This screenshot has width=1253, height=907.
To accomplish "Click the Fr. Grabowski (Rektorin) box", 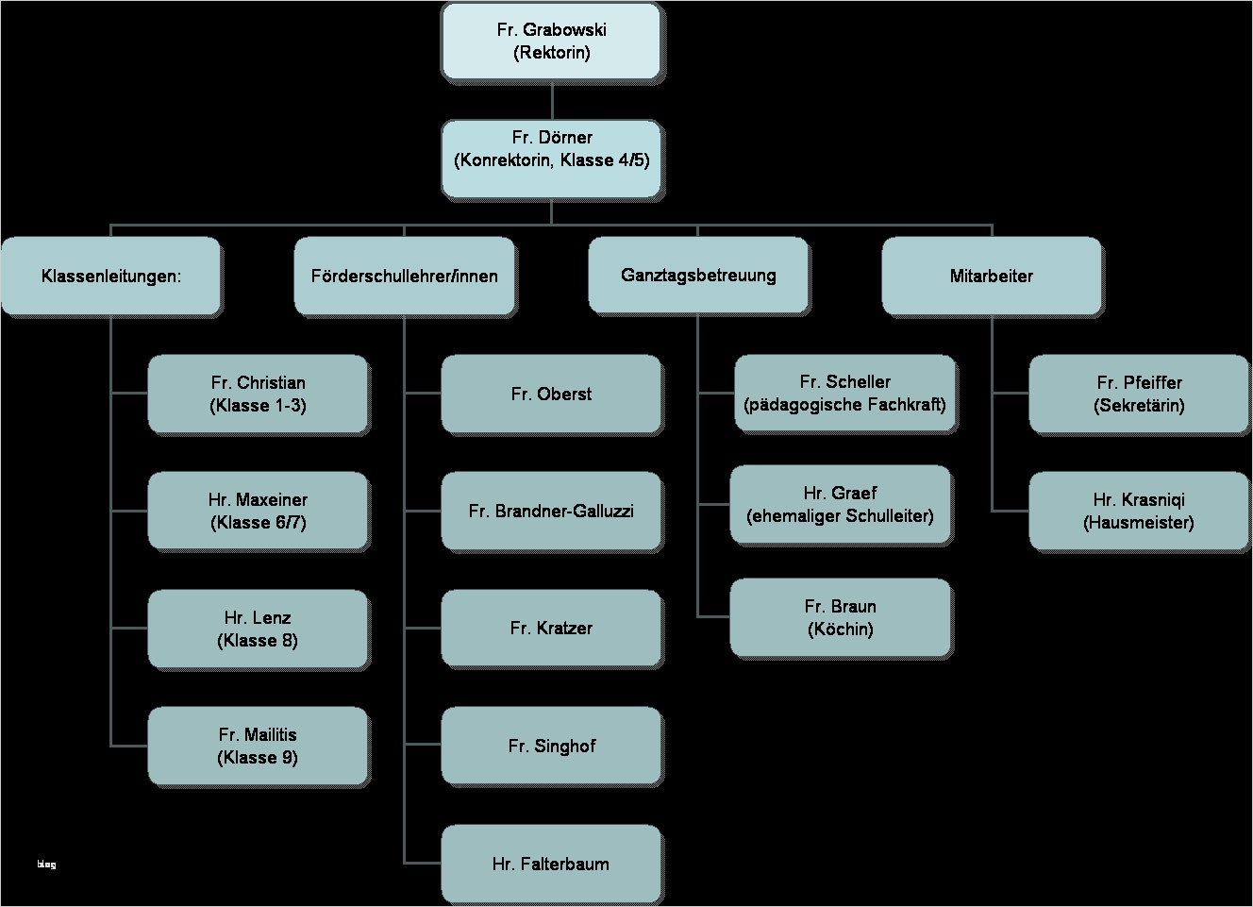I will [551, 42].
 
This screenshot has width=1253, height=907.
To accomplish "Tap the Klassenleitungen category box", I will [110, 277].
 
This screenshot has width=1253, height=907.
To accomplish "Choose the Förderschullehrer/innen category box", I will [404, 277].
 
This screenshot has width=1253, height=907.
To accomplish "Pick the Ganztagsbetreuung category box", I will [698, 276].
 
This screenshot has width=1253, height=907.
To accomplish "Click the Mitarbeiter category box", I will [991, 277].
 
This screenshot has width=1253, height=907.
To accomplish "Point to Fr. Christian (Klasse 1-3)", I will [258, 395].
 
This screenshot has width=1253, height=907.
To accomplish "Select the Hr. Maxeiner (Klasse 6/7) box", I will [258, 512].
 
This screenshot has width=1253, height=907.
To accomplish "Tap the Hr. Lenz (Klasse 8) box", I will [258, 630].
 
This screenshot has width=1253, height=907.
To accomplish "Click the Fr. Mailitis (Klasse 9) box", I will [258, 747].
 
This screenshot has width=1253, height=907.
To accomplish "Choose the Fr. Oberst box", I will [551, 395].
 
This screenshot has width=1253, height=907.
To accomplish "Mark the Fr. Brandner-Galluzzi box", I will [551, 512].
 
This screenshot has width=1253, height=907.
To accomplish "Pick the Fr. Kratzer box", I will [551, 629].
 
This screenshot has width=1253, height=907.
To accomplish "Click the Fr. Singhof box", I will [551, 747].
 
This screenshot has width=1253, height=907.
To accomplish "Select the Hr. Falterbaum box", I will [551, 864].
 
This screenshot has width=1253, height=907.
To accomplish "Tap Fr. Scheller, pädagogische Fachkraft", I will [844, 394].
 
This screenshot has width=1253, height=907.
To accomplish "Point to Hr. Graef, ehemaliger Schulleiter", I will [840, 505].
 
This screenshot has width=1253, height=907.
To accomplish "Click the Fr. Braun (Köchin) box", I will [840, 618].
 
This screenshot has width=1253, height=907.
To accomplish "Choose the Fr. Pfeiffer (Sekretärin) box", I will [1139, 395].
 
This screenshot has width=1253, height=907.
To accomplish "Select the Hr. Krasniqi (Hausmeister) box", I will [1139, 512].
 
